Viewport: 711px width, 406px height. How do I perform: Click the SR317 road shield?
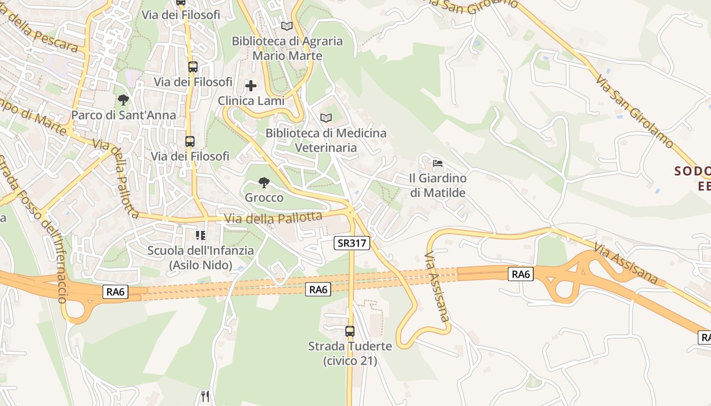[352, 243]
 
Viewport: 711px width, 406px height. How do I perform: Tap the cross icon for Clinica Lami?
[251, 86]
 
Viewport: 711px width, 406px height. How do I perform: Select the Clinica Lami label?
[251, 101]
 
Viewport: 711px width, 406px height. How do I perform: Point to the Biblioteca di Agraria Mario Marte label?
[287, 48]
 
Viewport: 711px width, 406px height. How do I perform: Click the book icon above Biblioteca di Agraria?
[287, 26]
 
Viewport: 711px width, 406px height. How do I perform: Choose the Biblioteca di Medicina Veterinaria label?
[326, 140]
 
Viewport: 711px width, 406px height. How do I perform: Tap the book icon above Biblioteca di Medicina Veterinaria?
[326, 118]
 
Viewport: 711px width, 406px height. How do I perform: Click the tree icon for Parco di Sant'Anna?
[123, 99]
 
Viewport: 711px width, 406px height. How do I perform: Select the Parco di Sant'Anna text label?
[123, 115]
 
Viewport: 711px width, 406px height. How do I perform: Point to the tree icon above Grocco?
[264, 182]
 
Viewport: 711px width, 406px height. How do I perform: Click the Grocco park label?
[264, 197]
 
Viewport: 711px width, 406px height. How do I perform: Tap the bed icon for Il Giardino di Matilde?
[437, 163]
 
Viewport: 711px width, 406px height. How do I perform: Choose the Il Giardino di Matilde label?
[438, 185]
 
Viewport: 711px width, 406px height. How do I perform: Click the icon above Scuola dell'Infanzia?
[201, 235]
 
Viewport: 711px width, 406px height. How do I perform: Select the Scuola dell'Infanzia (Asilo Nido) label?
[201, 257]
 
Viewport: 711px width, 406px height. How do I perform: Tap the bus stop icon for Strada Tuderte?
[350, 331]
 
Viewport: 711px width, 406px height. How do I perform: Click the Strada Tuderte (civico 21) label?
[350, 353]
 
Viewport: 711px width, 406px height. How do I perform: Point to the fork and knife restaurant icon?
[205, 396]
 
